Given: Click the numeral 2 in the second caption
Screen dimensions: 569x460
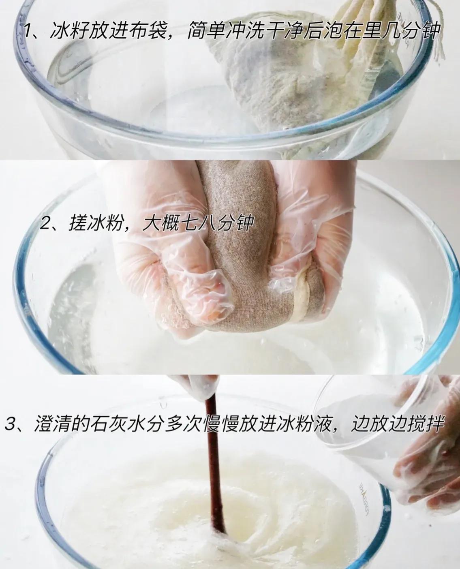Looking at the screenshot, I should point(45,224).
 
